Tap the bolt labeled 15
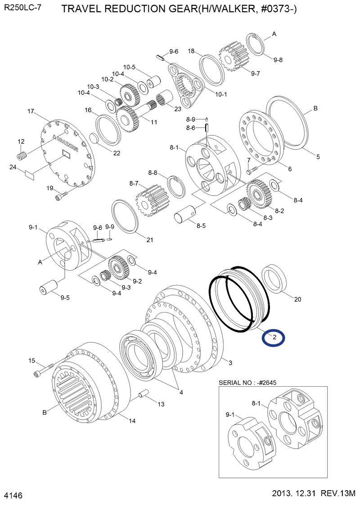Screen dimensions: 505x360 click(x=43, y=370)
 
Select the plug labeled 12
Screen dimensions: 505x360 click(x=22, y=156)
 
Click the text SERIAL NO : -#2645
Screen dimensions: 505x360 click(x=247, y=383)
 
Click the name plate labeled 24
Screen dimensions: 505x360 click(x=30, y=174)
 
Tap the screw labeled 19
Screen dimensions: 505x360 click(x=61, y=196)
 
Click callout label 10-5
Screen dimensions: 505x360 click(x=129, y=67)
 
